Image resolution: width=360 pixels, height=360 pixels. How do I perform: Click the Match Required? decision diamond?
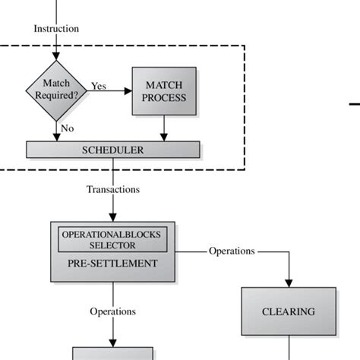click(x=56, y=92)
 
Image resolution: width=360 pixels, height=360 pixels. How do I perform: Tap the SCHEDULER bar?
click(x=112, y=150)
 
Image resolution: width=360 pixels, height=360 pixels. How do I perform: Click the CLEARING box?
click(x=288, y=311)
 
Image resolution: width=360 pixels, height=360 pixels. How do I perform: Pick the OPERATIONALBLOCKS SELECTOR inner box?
click(x=112, y=240)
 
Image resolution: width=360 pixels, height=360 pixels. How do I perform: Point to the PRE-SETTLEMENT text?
click(x=112, y=264)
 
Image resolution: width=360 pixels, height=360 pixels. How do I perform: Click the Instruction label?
click(x=56, y=29)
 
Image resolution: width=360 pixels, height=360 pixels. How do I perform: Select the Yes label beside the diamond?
click(x=99, y=86)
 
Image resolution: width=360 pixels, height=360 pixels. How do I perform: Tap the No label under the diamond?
click(x=68, y=128)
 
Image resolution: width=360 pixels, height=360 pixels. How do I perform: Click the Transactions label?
click(x=112, y=190)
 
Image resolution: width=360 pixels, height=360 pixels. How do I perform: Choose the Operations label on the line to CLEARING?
click(x=232, y=251)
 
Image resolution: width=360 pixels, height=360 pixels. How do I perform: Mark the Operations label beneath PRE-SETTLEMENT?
click(x=112, y=311)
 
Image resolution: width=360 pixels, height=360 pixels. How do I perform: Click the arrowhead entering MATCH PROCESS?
click(x=128, y=91)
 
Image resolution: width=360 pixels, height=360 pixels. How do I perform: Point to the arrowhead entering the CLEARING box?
click(x=289, y=283)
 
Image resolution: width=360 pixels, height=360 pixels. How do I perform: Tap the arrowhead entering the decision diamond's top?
click(x=56, y=57)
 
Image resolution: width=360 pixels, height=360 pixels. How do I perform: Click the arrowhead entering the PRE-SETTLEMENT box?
click(x=112, y=217)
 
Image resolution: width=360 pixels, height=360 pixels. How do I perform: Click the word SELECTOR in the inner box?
click(x=112, y=246)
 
